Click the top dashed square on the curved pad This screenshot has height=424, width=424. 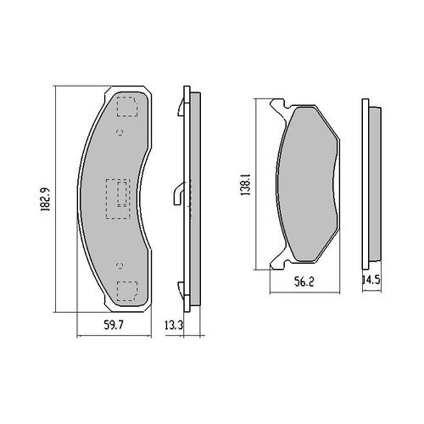click(x=126, y=108)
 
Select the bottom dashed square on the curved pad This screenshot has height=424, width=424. click(x=126, y=290)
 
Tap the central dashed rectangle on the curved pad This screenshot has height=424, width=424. click(x=116, y=198)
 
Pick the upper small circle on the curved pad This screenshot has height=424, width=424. click(x=120, y=132)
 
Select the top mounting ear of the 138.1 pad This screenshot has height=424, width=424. click(x=276, y=106)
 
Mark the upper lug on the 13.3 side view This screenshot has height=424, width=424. click(x=181, y=107)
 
